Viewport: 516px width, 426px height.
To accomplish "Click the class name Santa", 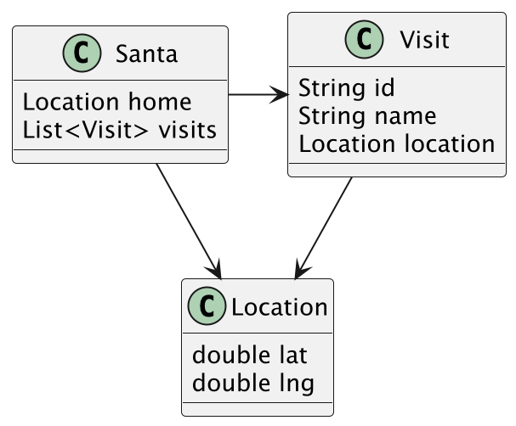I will [x=146, y=54].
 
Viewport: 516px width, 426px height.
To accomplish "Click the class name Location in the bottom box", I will [x=280, y=306].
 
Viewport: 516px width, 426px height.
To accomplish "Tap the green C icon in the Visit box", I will [x=364, y=40].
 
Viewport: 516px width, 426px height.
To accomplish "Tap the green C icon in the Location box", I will [x=205, y=306].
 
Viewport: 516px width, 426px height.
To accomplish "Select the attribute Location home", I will [x=107, y=102].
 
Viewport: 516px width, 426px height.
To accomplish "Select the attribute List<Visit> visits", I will [x=120, y=130].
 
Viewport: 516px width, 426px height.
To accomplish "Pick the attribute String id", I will [x=347, y=87].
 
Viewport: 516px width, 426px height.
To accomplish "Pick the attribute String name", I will [x=367, y=115].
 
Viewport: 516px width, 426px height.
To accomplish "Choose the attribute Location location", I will [x=397, y=143].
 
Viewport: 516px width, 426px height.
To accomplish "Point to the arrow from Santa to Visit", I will [x=258, y=95].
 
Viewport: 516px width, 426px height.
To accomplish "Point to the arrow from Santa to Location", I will [x=188, y=220].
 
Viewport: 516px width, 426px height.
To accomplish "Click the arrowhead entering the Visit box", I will [x=281, y=95].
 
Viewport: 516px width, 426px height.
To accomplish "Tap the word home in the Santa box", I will [x=160, y=102].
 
